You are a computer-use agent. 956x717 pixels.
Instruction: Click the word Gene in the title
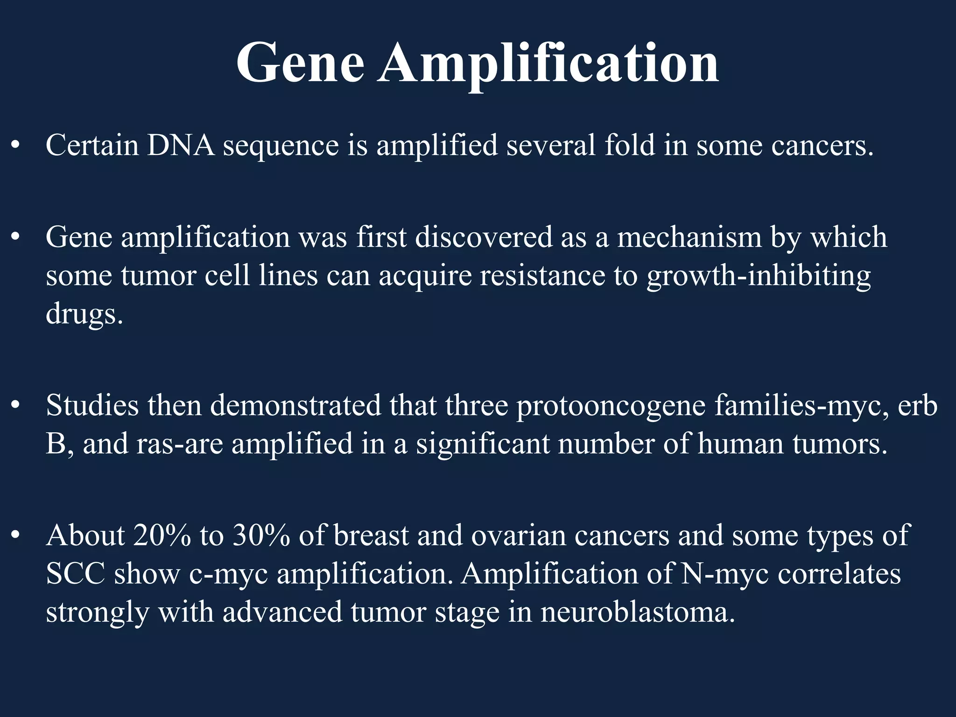point(300,63)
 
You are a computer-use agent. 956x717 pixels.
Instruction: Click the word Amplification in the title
point(548,63)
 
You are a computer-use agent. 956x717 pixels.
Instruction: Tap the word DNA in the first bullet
point(181,145)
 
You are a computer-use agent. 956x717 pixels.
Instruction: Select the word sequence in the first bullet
point(281,146)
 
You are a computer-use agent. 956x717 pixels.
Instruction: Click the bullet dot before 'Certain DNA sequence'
point(15,146)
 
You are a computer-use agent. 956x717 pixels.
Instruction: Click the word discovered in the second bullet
point(483,237)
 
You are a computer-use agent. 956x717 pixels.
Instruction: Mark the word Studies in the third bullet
point(92,405)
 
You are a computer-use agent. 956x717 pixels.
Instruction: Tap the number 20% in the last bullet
point(162,535)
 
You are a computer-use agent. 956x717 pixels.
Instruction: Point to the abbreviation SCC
point(75,574)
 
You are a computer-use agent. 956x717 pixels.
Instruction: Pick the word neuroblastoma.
point(638,612)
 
